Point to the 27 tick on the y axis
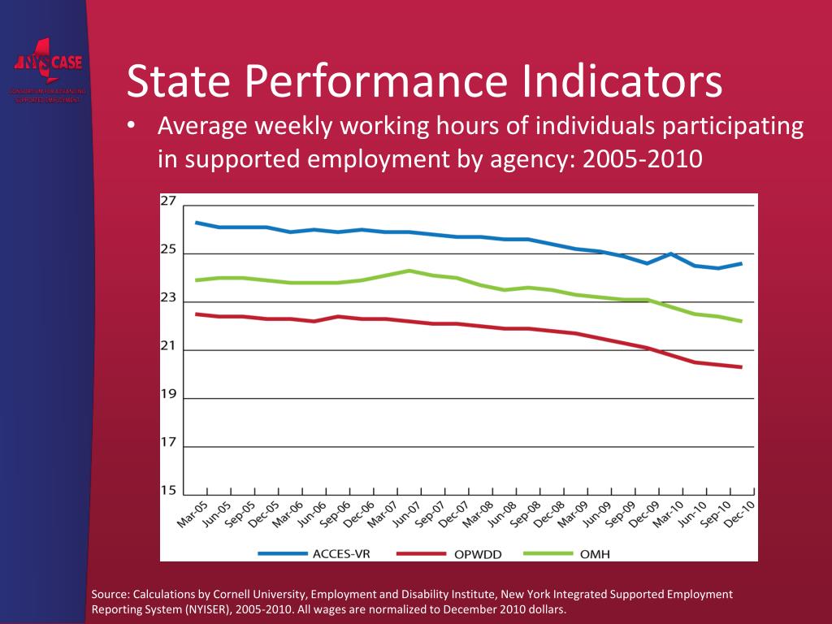[x=168, y=201]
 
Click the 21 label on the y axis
[x=168, y=346]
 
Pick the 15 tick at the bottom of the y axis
[x=168, y=490]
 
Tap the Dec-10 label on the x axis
[x=737, y=514]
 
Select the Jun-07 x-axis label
[x=406, y=514]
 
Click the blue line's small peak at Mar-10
[x=670, y=253]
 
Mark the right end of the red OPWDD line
[x=742, y=367]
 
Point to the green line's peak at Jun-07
[x=409, y=271]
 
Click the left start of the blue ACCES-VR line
[x=197, y=223]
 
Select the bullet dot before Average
[x=133, y=128]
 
